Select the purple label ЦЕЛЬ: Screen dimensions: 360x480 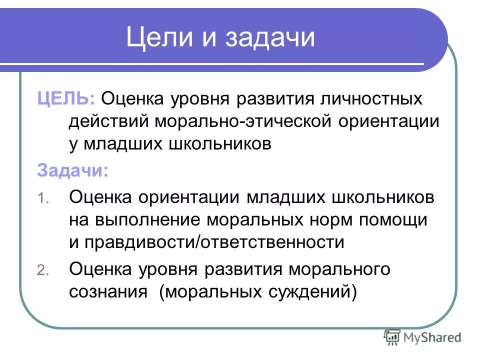(66, 98)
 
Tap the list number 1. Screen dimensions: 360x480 (43, 198)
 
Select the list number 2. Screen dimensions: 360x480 (43, 270)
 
